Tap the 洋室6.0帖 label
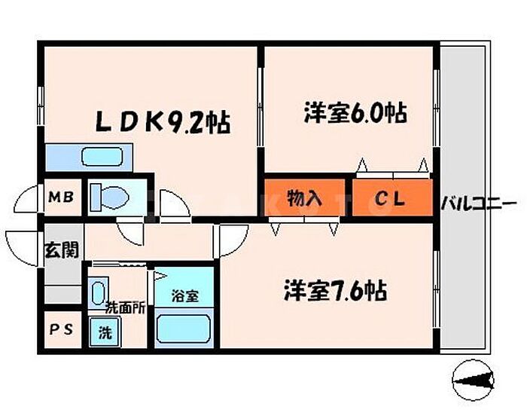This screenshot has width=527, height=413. point(355,114)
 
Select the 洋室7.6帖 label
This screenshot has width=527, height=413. point(335,290)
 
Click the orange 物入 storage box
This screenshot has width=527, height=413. point(304,199)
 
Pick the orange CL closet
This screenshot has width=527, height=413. point(391,200)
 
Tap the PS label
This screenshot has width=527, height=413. point(61,330)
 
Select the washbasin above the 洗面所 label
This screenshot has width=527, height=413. point(97,291)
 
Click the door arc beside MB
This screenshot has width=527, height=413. point(25,199)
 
